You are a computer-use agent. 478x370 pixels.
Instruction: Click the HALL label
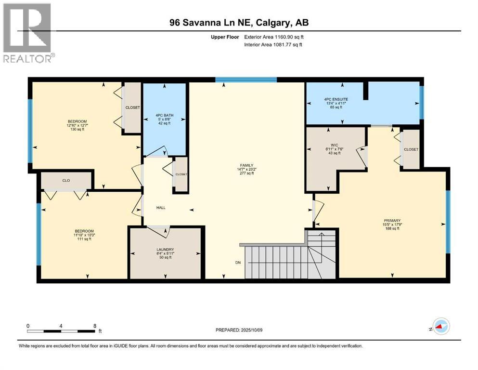pos(161,208)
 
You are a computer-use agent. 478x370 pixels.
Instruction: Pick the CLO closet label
pos(66,180)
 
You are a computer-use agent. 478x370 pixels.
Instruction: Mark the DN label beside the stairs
pos(238,263)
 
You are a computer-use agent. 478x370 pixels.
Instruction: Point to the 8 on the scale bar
pos(94,326)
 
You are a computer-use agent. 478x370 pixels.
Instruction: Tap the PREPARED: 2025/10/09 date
pos(239,330)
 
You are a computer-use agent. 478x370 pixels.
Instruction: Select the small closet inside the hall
pos(181,174)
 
